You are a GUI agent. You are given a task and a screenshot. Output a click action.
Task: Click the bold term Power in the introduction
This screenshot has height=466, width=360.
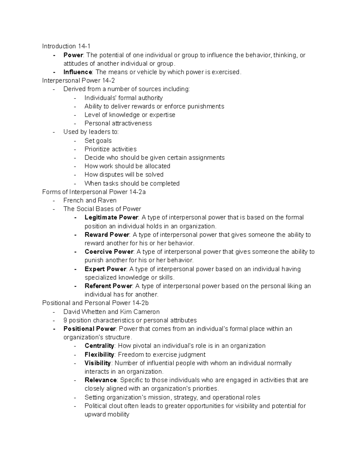[x=73, y=55]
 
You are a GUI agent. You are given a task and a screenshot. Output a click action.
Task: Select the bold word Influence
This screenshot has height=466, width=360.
[x=78, y=72]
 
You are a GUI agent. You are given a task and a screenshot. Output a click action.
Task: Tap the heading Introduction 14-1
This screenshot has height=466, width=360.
[x=66, y=46]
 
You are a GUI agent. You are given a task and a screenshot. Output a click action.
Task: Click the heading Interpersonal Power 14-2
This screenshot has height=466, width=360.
[x=79, y=80]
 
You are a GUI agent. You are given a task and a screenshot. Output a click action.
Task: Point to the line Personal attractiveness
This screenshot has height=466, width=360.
[x=118, y=123]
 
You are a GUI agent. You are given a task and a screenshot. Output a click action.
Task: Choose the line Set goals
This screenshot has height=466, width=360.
[x=98, y=141]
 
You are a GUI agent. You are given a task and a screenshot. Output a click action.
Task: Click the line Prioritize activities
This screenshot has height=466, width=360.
[x=110, y=149]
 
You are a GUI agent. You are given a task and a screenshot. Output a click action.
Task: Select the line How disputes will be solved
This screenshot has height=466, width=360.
[x=124, y=175]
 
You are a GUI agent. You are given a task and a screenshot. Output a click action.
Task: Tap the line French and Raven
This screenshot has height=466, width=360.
[x=90, y=200]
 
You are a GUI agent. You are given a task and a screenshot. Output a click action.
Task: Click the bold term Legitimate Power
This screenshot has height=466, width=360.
[x=111, y=217]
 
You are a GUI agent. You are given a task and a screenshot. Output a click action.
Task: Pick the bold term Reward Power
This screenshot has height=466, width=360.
[x=107, y=235]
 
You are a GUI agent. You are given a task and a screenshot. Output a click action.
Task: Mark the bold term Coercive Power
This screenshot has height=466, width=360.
[x=109, y=252]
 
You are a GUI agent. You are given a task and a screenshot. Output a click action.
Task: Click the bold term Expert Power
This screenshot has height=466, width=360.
[x=105, y=269]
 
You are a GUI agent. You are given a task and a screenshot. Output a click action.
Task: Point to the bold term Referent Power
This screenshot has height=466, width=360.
[x=108, y=286]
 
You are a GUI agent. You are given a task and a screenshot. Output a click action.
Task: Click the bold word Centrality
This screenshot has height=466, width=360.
[x=99, y=346]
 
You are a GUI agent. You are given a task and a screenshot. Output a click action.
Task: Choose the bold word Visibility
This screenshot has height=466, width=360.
[x=98, y=363]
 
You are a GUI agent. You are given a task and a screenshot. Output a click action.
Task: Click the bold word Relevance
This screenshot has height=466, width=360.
[x=100, y=380]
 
